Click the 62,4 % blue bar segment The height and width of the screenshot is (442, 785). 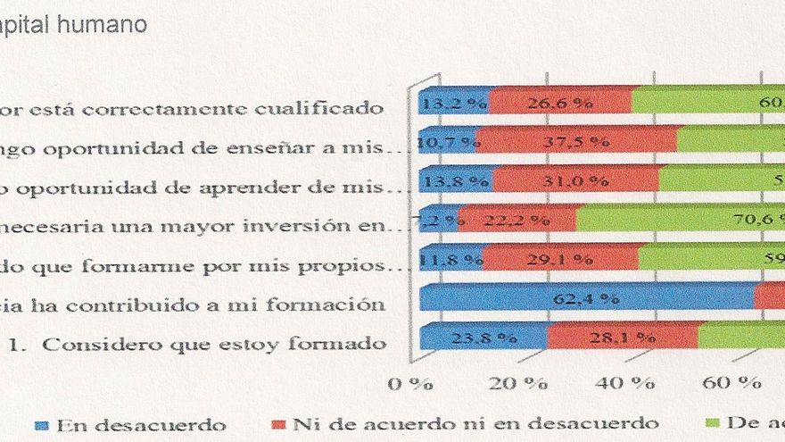click(586, 296)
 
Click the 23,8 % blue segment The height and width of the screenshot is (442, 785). click(483, 337)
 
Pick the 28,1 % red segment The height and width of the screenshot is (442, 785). click(622, 337)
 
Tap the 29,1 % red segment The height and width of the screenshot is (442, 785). click(559, 258)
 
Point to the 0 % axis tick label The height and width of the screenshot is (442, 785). click(410, 384)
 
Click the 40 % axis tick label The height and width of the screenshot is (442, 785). click(630, 384)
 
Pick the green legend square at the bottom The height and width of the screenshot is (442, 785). click(712, 424)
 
